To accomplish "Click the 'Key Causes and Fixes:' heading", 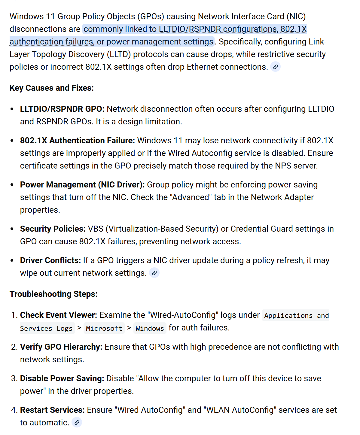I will click(52, 88).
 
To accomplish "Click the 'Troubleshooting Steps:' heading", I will click(53, 294).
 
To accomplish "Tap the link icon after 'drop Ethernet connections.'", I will click(275, 67).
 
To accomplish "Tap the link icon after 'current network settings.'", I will click(154, 273).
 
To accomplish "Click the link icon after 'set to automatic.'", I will click(77, 423).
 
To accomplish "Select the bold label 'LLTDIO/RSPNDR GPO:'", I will click(62, 109).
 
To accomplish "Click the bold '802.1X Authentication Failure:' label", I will click(78, 141).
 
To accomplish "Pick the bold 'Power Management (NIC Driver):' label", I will click(82, 185).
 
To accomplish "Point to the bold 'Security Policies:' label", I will click(53, 229).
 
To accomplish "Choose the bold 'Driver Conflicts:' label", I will click(50, 260).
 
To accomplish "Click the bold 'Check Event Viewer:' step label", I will click(59, 315).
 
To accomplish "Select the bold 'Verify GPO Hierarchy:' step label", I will click(61, 347).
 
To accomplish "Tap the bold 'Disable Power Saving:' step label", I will click(62, 379).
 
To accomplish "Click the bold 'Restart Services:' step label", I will click(53, 410).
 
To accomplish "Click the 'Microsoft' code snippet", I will click(104, 328).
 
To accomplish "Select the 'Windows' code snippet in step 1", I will click(150, 328).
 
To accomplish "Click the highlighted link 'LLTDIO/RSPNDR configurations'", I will click(218, 29).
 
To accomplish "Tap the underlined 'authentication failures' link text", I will click(51, 42).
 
